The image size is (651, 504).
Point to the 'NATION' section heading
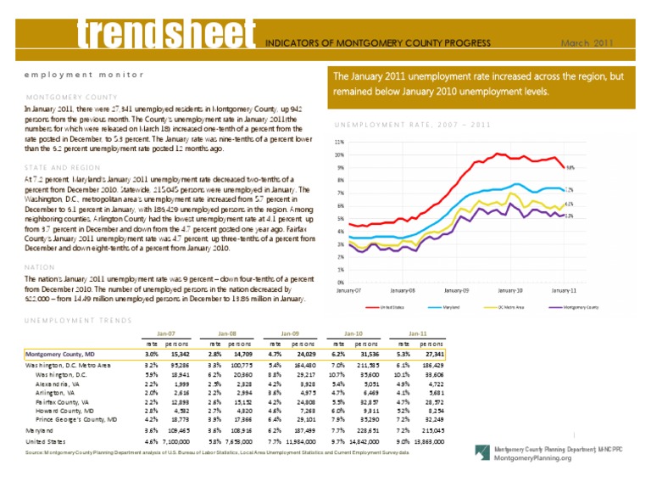click(x=42, y=266)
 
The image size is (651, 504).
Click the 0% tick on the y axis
click(x=340, y=282)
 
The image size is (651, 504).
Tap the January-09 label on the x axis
click(x=456, y=291)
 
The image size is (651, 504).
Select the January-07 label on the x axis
click(x=348, y=291)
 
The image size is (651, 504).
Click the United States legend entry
click(x=392, y=306)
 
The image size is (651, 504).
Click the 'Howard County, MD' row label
click(x=66, y=413)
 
